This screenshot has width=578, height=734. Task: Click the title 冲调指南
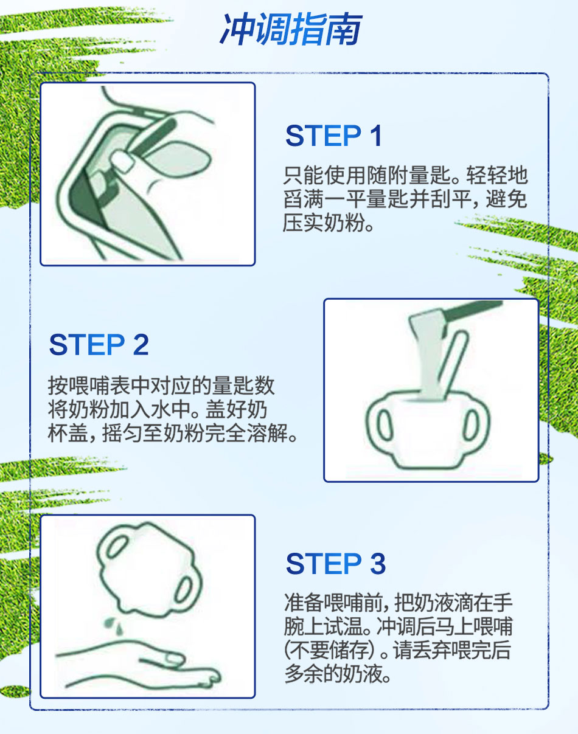pyautogui.click(x=291, y=29)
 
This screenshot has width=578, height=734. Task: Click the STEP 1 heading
pyautogui.click(x=333, y=136)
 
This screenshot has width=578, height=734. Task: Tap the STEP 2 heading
pyautogui.click(x=99, y=344)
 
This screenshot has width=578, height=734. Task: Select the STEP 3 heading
pyautogui.click(x=336, y=564)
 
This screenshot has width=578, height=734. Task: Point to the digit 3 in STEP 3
pyautogui.click(x=378, y=564)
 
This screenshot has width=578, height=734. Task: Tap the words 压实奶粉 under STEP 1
pyautogui.click(x=324, y=223)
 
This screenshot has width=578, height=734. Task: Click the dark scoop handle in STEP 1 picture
pyautogui.click(x=153, y=137)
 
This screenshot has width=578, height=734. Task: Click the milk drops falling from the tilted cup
pyautogui.click(x=114, y=626)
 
